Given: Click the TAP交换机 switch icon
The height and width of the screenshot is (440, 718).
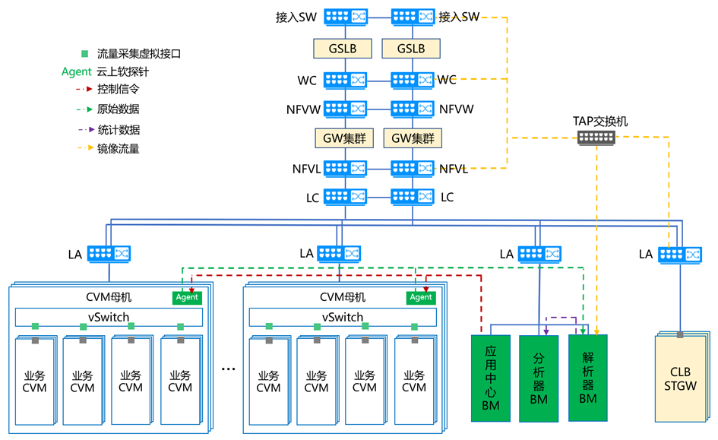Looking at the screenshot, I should [x=596, y=137].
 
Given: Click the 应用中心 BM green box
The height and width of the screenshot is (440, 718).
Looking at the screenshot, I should [x=490, y=376].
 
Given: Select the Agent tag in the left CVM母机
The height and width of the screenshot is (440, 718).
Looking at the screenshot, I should [x=187, y=297].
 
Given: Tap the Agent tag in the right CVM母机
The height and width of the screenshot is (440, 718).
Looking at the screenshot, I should [x=421, y=297].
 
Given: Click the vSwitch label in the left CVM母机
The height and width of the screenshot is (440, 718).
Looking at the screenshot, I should [x=109, y=317].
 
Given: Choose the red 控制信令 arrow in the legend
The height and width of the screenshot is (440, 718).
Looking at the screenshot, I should [x=79, y=90].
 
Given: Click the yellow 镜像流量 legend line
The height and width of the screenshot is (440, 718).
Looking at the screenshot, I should [x=79, y=149].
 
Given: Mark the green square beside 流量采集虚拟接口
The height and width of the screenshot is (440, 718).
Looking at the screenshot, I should [x=85, y=54].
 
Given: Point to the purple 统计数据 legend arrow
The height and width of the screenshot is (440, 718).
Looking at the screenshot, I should [x=79, y=129].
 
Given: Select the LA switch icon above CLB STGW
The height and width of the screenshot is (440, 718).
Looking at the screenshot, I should [x=681, y=253].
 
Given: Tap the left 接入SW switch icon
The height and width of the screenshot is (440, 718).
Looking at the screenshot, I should [x=346, y=16].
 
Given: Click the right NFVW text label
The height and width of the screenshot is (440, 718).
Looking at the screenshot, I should [x=456, y=109].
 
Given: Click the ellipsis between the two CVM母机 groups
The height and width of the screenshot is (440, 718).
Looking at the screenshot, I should [x=229, y=369].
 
